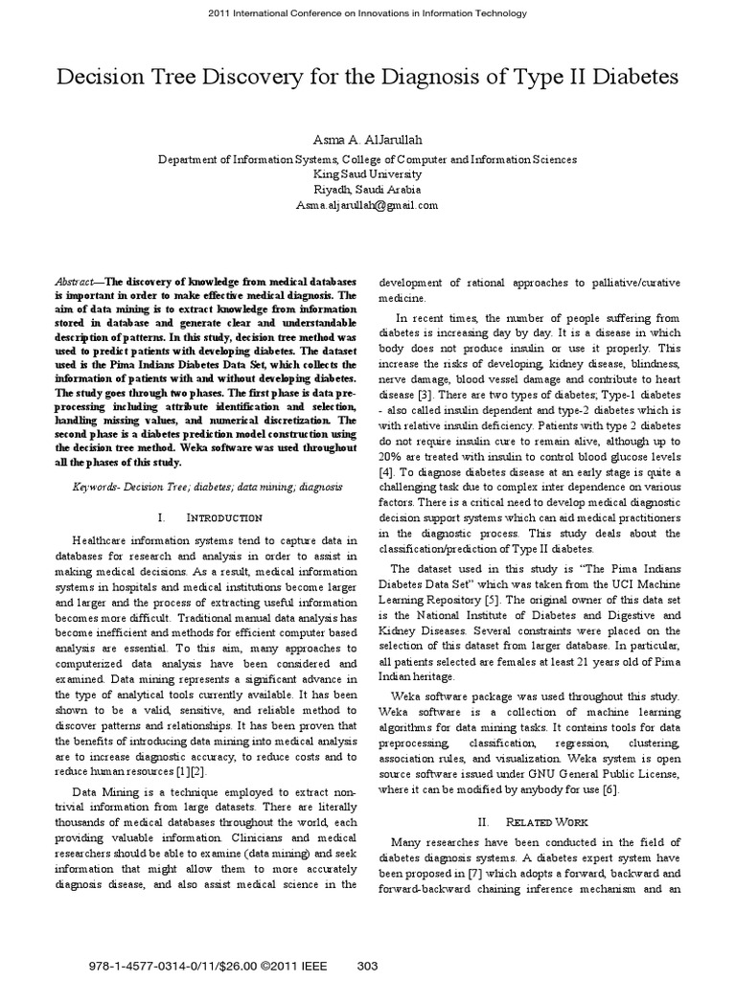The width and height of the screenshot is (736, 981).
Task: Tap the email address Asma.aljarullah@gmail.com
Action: [x=367, y=205]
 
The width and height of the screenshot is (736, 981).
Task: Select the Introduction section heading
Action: [x=214, y=517]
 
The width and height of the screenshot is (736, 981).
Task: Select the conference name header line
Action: [x=368, y=13]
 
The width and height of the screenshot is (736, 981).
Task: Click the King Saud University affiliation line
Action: [x=367, y=174]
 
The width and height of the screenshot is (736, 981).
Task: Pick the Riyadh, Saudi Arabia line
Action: [x=367, y=190]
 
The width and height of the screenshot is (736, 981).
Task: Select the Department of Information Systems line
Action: [x=367, y=159]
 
